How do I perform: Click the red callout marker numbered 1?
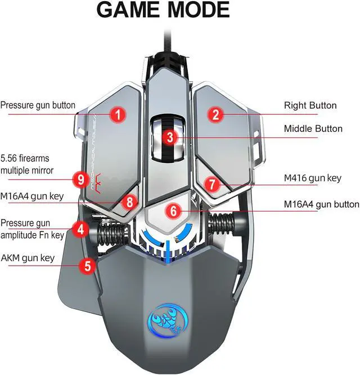pyautogui.click(x=118, y=114)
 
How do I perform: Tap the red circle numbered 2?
pyautogui.click(x=215, y=114)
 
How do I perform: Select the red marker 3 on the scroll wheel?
pyautogui.click(x=170, y=137)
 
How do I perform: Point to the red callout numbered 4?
pyautogui.click(x=81, y=229)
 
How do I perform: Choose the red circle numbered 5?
pyautogui.click(x=88, y=265)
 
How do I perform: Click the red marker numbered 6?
pyautogui.click(x=174, y=211)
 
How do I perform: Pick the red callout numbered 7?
pyautogui.click(x=212, y=184)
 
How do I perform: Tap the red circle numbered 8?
pyautogui.click(x=130, y=202)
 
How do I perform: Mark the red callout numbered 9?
pyautogui.click(x=81, y=179)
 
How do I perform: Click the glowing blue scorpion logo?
pyautogui.click(x=168, y=320)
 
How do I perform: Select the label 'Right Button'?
pyautogui.click(x=310, y=105)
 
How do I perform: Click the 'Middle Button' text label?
pyautogui.click(x=313, y=129)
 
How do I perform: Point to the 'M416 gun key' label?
pyautogui.click(x=313, y=178)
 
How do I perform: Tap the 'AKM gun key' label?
pyautogui.click(x=28, y=258)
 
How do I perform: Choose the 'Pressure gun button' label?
pyautogui.click(x=38, y=105)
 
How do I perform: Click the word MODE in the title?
pyautogui.click(x=199, y=10)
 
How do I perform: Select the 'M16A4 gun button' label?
pyautogui.click(x=322, y=205)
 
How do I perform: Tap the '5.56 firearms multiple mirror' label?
pyautogui.click(x=27, y=164)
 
